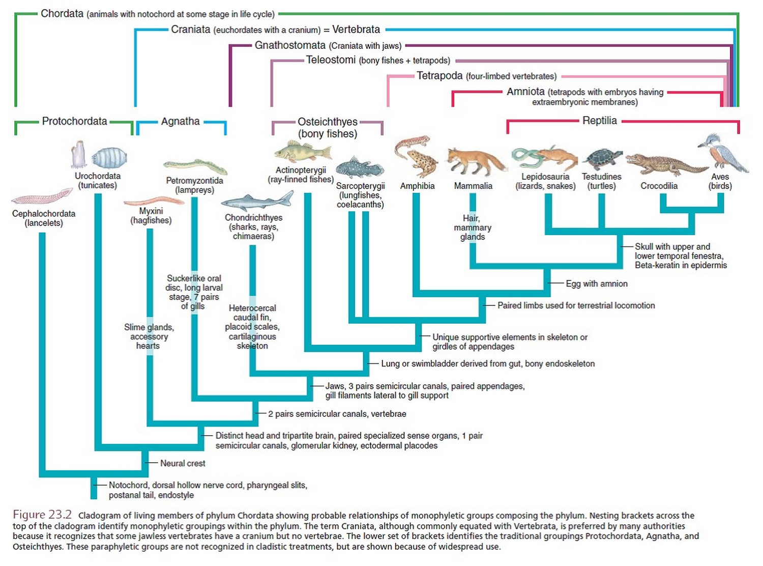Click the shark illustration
click(257, 202)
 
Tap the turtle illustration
click(602, 159)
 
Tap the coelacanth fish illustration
click(359, 167)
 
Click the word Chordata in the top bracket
click(62, 14)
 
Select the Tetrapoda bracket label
click(439, 76)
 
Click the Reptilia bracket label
click(599, 121)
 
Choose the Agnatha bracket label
click(180, 121)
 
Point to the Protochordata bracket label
click(74, 121)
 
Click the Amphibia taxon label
click(417, 186)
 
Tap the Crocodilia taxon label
click(659, 186)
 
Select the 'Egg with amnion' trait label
click(596, 284)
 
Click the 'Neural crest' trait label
click(183, 463)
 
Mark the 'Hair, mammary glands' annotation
click(472, 228)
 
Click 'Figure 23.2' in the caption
click(42, 515)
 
